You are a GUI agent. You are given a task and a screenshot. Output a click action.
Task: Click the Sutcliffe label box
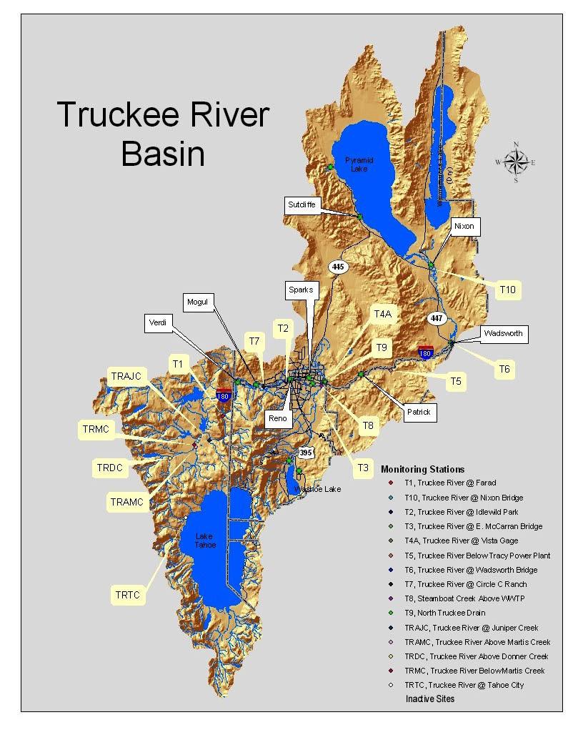[302, 204]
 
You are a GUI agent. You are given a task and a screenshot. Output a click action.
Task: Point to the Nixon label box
[464, 227]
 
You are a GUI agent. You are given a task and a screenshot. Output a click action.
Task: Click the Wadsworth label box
[503, 333]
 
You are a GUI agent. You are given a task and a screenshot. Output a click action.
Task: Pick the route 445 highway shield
[339, 267]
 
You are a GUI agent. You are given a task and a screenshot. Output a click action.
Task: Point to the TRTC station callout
[131, 593]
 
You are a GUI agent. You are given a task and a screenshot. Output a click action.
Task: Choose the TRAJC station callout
[128, 375]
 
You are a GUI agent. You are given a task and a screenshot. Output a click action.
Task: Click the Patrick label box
[419, 413]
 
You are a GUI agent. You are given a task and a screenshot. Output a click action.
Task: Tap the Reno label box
[278, 418]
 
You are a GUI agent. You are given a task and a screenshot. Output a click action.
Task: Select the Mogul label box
[197, 302]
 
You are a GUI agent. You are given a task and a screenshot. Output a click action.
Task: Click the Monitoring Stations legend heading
[422, 469]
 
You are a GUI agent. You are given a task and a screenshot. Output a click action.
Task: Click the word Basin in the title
[163, 154]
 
